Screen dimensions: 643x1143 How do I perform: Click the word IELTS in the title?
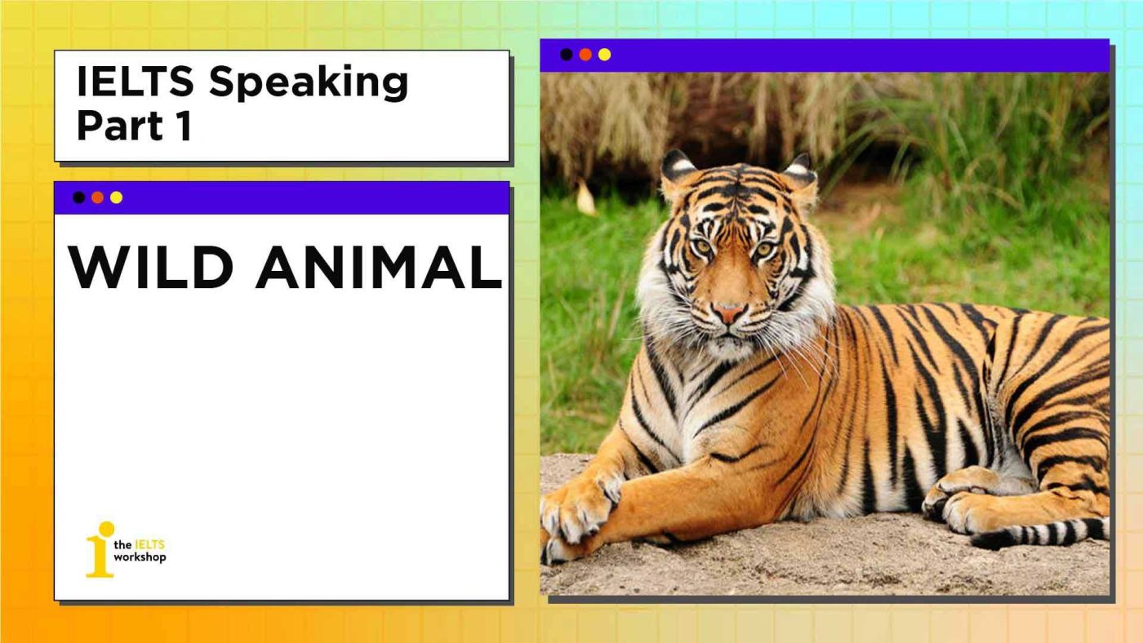[x=136, y=82]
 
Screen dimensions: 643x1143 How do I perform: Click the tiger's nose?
[x=728, y=313]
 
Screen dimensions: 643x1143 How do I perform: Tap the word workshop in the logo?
[x=140, y=557]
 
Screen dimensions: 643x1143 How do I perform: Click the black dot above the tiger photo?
[x=567, y=55]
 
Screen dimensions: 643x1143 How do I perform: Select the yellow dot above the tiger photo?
[x=604, y=55]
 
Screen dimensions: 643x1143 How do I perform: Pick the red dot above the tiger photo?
[x=585, y=55]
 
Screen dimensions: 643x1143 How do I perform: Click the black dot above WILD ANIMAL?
[x=78, y=197]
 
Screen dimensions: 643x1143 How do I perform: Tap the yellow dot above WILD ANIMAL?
[x=116, y=197]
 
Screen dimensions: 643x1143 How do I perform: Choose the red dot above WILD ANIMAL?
[x=97, y=197]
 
